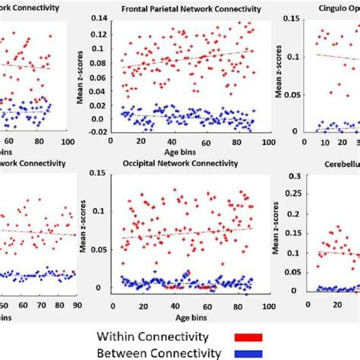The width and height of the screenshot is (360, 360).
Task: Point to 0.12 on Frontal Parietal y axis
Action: [99, 34]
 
